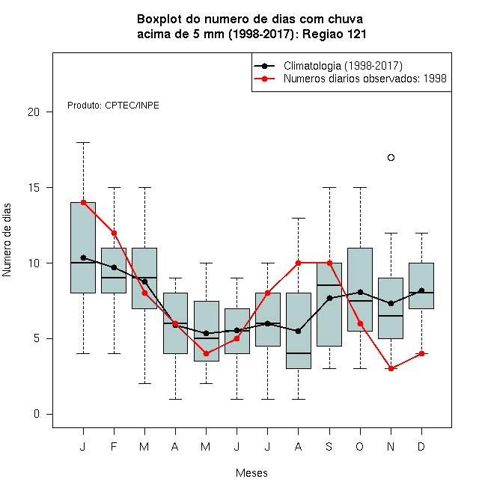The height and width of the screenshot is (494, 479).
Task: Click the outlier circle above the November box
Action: click(x=391, y=157)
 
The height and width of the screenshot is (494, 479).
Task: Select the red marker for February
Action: click(x=114, y=233)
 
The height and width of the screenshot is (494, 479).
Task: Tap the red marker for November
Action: click(x=391, y=368)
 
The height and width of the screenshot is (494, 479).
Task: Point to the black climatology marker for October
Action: click(x=360, y=292)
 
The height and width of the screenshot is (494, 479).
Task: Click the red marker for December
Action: click(x=421, y=353)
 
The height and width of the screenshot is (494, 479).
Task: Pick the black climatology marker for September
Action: click(x=329, y=298)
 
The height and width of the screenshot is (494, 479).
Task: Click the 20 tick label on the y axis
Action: click(x=34, y=112)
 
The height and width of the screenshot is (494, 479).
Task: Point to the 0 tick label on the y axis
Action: click(x=37, y=414)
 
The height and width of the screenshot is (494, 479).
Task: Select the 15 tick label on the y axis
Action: click(x=34, y=188)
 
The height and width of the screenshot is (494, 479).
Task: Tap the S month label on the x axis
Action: click(x=329, y=446)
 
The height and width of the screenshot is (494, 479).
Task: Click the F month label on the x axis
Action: click(x=114, y=446)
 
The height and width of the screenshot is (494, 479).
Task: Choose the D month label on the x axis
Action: click(x=421, y=446)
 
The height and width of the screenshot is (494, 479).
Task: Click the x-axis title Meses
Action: click(x=251, y=473)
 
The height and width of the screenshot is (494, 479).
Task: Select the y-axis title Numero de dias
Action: click(x=7, y=240)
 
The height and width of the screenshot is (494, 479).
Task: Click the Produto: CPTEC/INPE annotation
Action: click(x=113, y=106)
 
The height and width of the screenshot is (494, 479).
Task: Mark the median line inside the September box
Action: click(x=329, y=285)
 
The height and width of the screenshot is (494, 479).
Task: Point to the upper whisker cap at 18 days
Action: click(x=83, y=143)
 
